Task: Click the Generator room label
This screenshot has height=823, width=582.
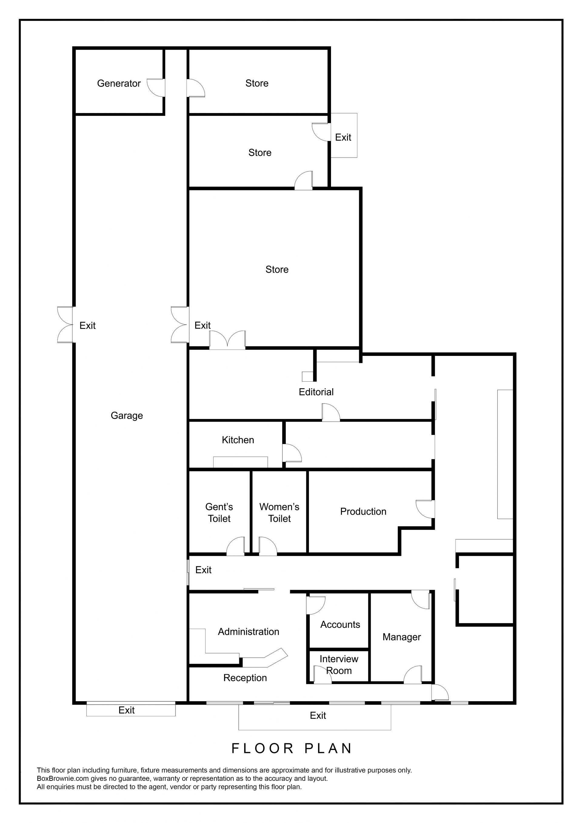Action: pos(119,84)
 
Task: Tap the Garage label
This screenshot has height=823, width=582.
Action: pos(127,416)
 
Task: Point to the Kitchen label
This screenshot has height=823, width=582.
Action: pos(238,440)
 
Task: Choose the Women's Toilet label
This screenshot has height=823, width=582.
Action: pos(279,513)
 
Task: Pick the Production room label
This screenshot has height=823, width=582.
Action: pos(363,511)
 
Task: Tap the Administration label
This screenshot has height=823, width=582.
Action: pos(249,632)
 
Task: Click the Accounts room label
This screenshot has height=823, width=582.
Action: pos(340,624)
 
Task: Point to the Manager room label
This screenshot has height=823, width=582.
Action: pos(402,637)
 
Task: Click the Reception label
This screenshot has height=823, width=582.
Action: pos(245,678)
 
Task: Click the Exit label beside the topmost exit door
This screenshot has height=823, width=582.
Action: pos(343,137)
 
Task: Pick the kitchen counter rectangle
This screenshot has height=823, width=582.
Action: pos(240,462)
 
